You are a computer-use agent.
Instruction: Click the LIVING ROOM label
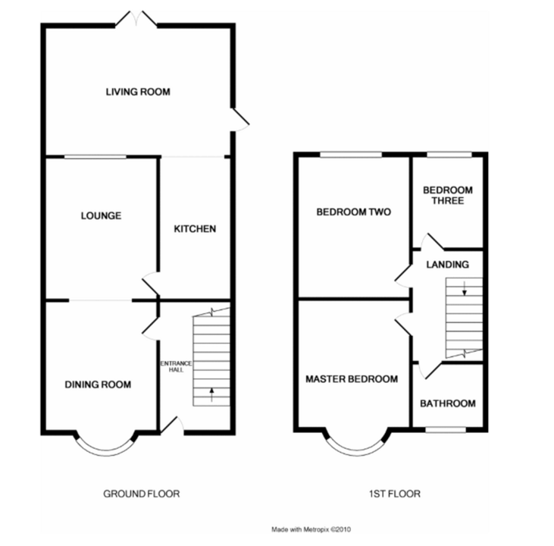(138, 92)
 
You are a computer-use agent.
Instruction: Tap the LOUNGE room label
(101, 215)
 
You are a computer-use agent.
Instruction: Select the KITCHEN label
(195, 229)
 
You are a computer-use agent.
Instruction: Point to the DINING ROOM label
(98, 384)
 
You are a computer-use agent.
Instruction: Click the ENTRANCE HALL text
(176, 367)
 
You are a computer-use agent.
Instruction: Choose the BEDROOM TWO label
(354, 212)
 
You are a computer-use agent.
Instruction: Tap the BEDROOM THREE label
(448, 196)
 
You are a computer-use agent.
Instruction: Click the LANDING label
(448, 265)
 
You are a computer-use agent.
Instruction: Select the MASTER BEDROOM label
(352, 379)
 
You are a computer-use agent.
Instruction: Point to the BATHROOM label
(448, 403)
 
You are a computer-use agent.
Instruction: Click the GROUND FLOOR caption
(141, 494)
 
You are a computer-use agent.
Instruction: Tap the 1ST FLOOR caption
(395, 494)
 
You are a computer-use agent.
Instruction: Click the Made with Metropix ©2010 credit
(311, 529)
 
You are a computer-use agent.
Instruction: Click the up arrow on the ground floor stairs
(211, 394)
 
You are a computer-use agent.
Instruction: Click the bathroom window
(446, 429)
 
